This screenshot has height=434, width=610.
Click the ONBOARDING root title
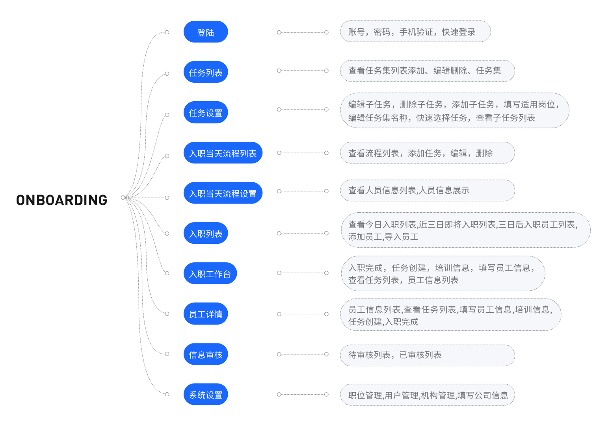(61, 200)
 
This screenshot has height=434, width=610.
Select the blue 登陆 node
(206, 32)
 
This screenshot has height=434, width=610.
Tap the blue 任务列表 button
(206, 72)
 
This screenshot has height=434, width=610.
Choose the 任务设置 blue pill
(206, 112)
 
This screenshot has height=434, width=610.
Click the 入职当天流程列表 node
(223, 153)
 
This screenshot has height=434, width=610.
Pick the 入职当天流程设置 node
(223, 193)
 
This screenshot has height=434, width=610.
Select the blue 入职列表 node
(206, 234)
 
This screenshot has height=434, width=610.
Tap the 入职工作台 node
(210, 273)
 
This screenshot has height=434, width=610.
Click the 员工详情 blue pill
(206, 314)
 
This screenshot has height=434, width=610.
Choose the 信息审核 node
(206, 354)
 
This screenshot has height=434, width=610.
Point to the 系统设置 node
(206, 395)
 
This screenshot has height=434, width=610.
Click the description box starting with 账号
(415, 32)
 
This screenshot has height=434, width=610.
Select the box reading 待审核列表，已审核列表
(427, 355)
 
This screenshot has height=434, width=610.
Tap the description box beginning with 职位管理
(427, 395)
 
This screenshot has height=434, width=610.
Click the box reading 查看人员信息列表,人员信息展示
(427, 191)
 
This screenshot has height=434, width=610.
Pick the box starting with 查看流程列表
(427, 153)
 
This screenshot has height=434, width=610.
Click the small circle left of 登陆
(167, 32)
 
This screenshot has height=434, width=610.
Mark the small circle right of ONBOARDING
(123, 198)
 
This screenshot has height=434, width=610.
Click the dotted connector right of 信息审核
(303, 354)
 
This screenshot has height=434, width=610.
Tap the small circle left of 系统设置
(167, 394)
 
